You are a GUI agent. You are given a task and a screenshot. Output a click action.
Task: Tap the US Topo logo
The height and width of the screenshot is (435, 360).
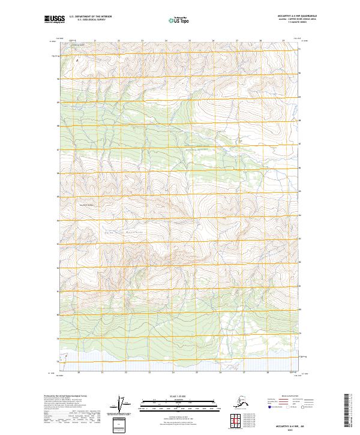point(179,20)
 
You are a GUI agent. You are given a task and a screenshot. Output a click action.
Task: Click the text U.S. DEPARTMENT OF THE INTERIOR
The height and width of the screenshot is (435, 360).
point(91,18)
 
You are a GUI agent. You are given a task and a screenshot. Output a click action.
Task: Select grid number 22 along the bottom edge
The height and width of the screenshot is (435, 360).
point(125,373)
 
